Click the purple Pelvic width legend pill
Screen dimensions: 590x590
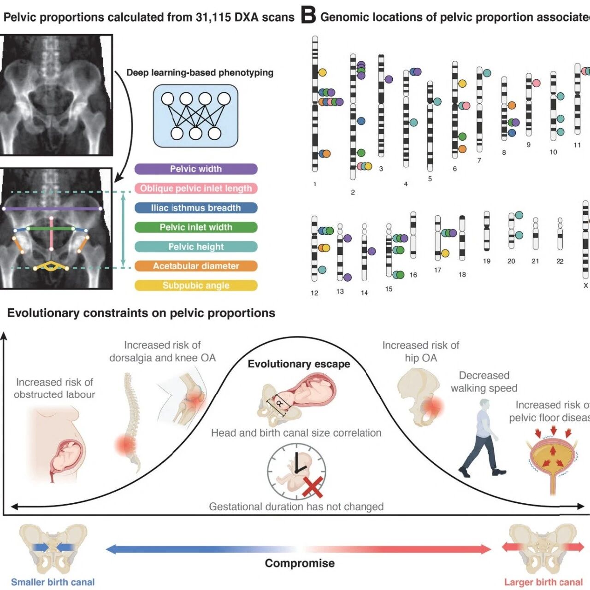click(x=196, y=169)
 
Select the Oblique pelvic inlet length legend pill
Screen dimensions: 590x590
click(x=196, y=189)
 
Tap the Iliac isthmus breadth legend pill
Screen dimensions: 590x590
click(x=196, y=208)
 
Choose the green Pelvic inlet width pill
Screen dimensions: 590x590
click(x=196, y=227)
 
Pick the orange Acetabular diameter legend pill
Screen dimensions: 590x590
click(x=196, y=266)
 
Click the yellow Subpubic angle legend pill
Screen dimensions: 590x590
click(x=196, y=285)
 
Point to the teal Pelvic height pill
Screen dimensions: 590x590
click(x=196, y=247)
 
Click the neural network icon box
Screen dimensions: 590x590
click(x=195, y=116)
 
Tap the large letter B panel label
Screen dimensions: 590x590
click(x=308, y=16)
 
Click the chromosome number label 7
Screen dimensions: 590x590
click(x=479, y=160)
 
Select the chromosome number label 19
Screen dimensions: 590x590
click(x=486, y=261)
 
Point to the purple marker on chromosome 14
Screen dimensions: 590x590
click(x=372, y=251)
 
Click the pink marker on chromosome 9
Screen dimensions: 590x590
click(x=536, y=83)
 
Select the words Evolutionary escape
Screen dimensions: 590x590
click(x=299, y=364)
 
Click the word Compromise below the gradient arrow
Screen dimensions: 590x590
click(x=300, y=563)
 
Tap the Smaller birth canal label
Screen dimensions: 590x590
click(x=53, y=582)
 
